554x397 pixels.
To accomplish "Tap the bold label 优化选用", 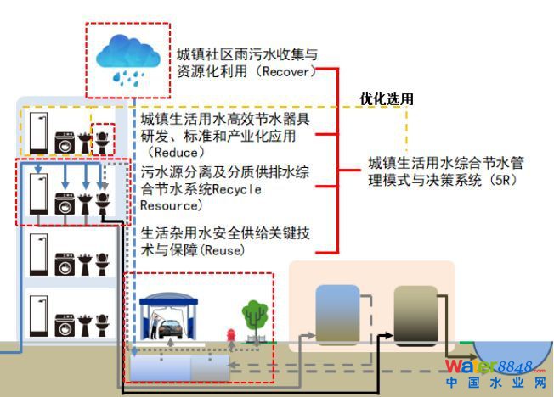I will pos(387,99).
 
